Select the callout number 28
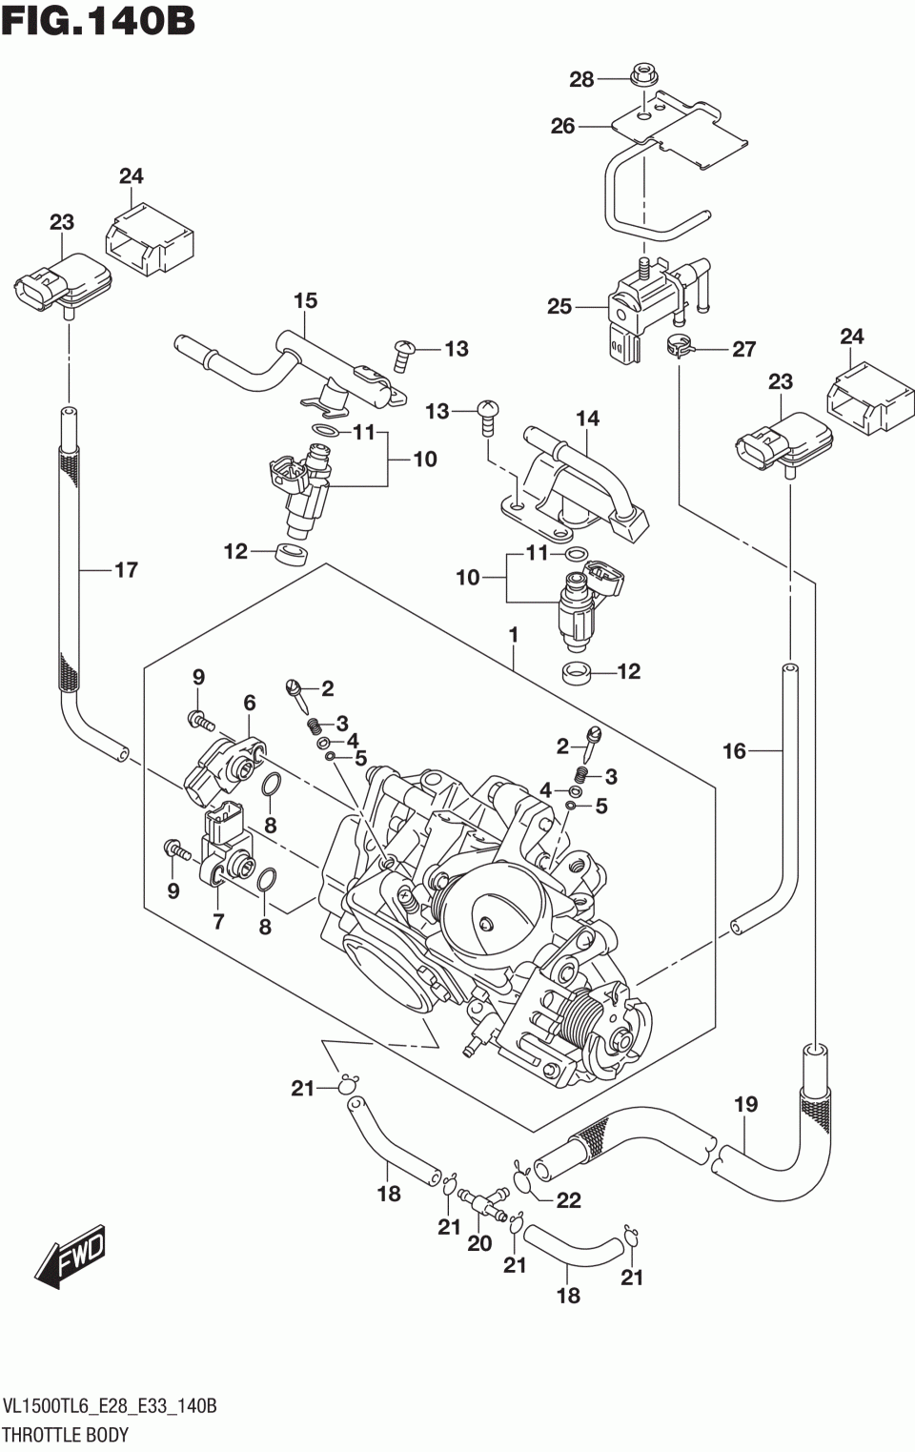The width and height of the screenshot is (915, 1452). tap(581, 80)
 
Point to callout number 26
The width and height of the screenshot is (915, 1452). tap(563, 126)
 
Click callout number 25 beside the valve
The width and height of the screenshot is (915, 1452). tap(559, 306)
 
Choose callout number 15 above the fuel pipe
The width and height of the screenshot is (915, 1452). tap(305, 301)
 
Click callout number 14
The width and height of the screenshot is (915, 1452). tap(588, 418)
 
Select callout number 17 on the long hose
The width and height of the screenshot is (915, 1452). tap(126, 570)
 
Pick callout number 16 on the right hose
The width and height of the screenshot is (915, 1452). tap(734, 751)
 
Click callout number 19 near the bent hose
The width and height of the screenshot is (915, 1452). tap(745, 1104)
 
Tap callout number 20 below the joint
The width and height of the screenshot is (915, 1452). tap(479, 1242)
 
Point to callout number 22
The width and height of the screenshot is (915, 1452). tap(568, 1200)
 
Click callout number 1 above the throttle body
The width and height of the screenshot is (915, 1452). tap(513, 634)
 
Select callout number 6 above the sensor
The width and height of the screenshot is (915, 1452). tap(249, 703)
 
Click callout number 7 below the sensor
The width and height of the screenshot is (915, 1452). tap(218, 921)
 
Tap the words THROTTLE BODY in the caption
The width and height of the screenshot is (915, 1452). tap(66, 1435)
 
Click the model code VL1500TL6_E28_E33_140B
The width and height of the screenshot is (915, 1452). tap(111, 1407)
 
